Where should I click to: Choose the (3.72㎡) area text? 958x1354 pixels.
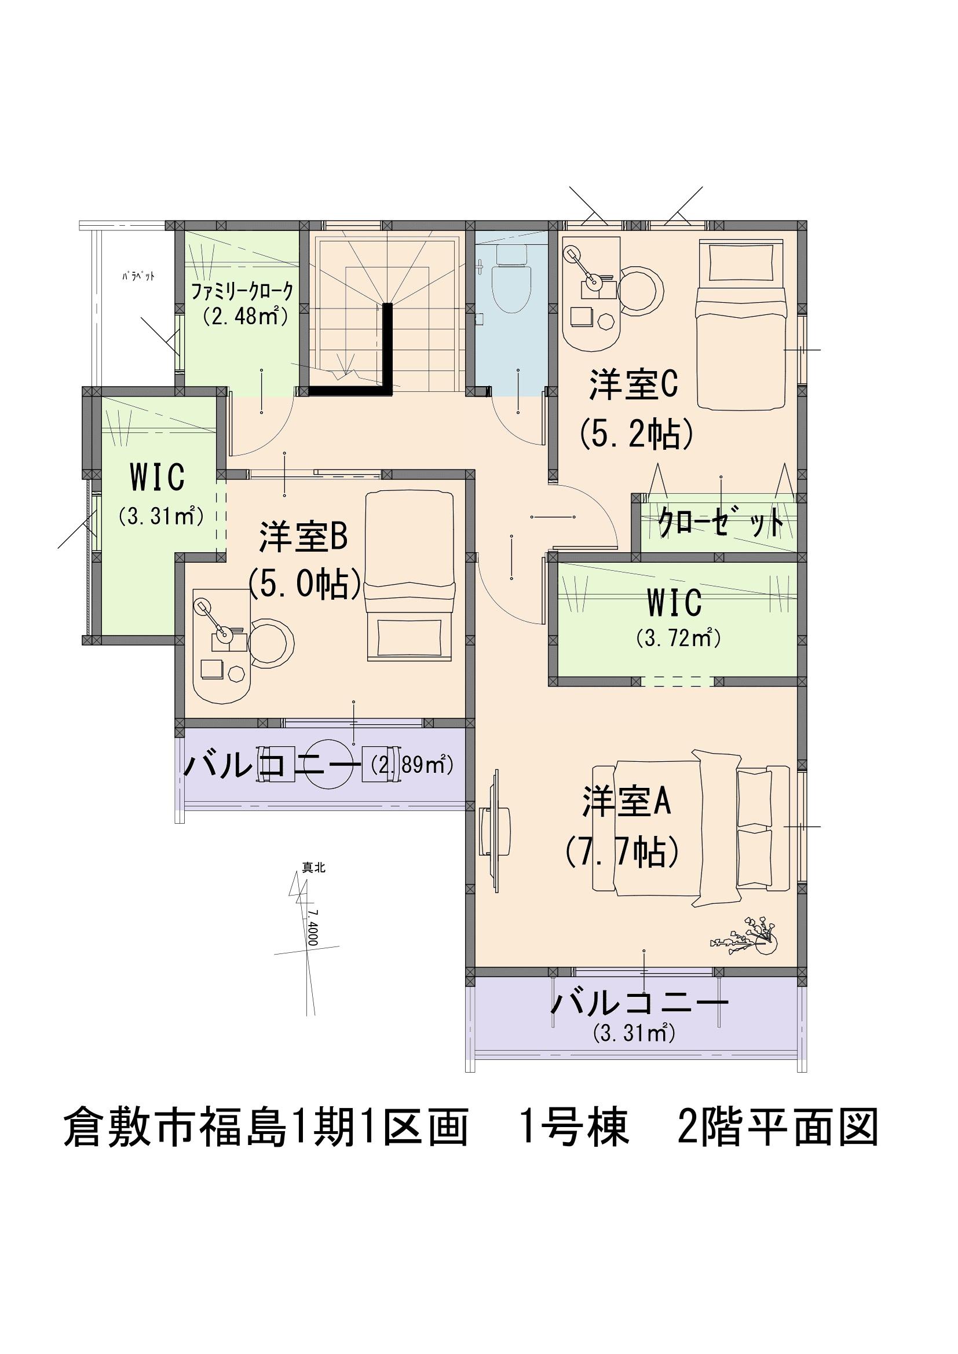click(678, 638)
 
